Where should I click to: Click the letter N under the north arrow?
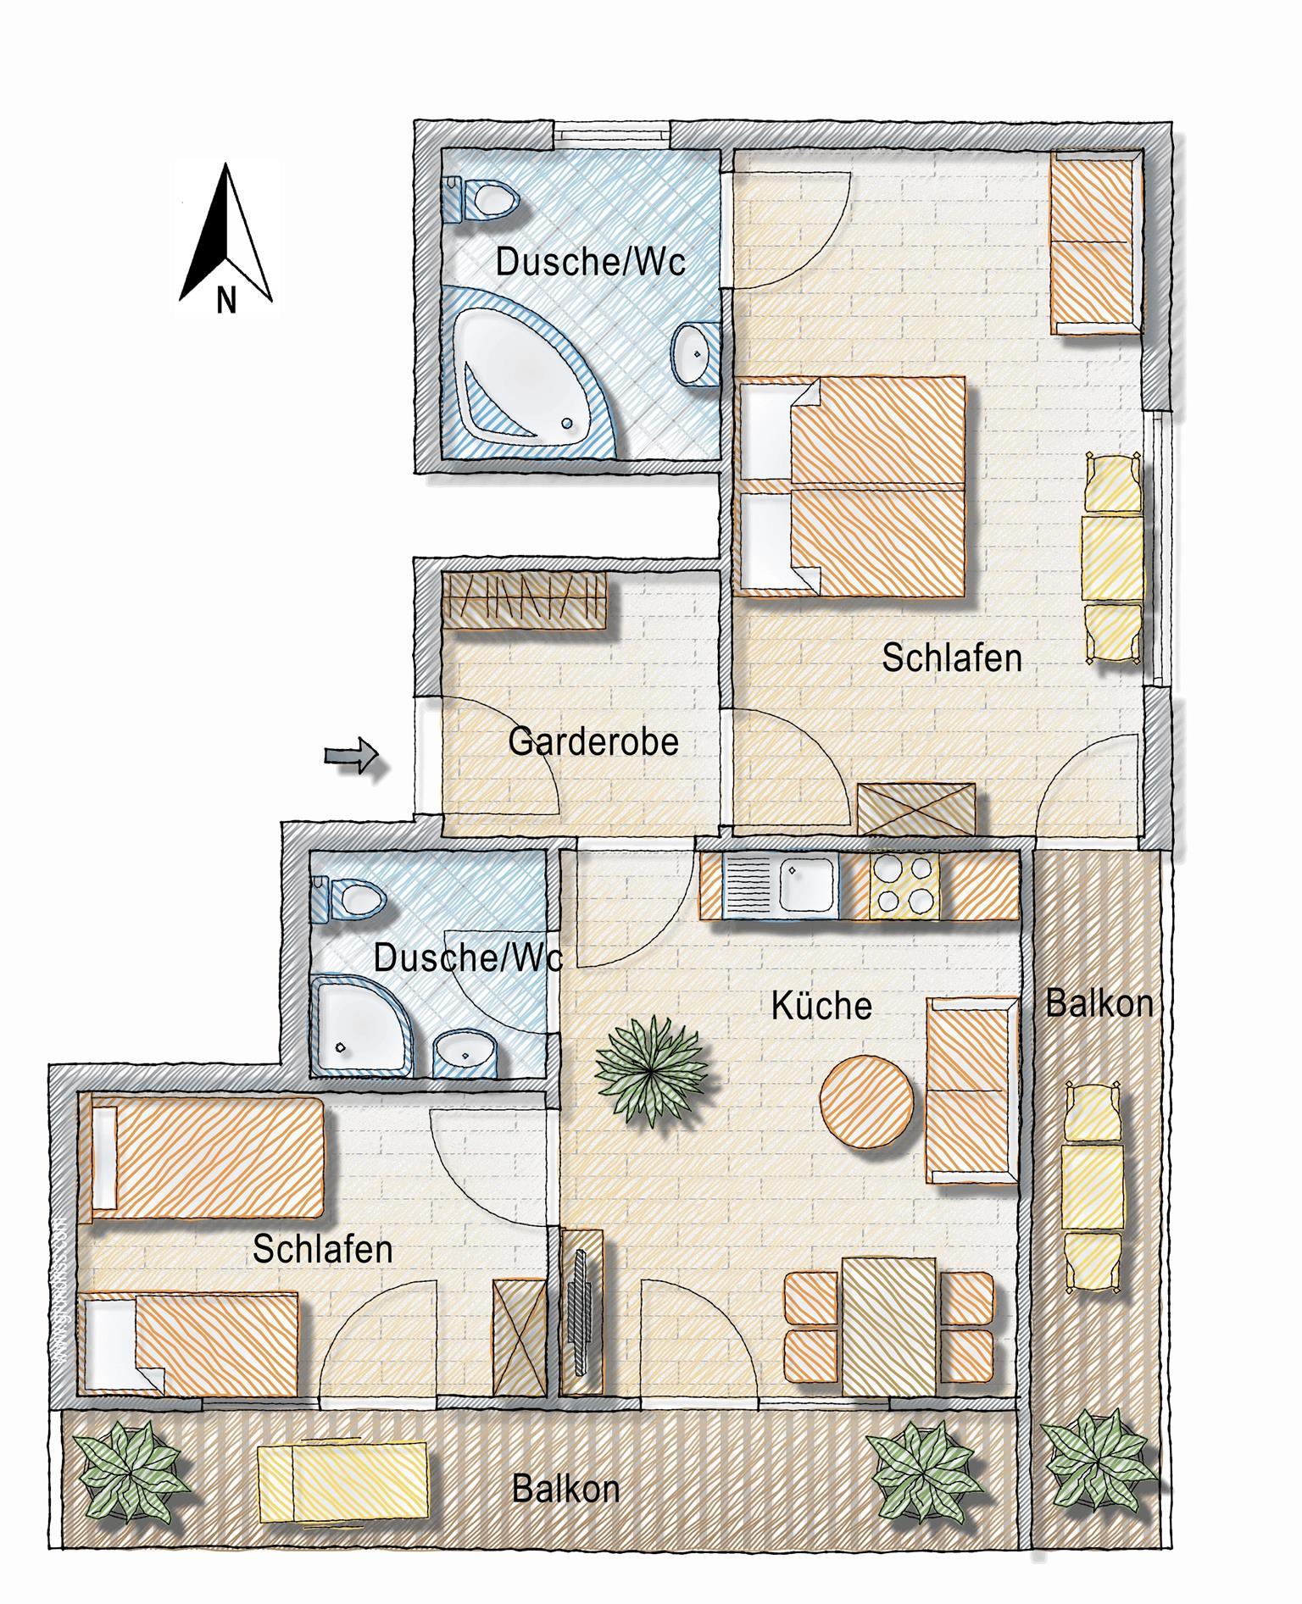(x=225, y=300)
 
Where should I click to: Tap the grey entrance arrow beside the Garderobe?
(x=351, y=755)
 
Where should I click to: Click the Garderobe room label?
(x=593, y=742)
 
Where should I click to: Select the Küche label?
(x=821, y=1006)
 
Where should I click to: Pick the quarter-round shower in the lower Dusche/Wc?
(x=364, y=1025)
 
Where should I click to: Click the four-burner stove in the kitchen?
(x=904, y=885)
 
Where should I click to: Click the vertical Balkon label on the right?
(x=1099, y=1003)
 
